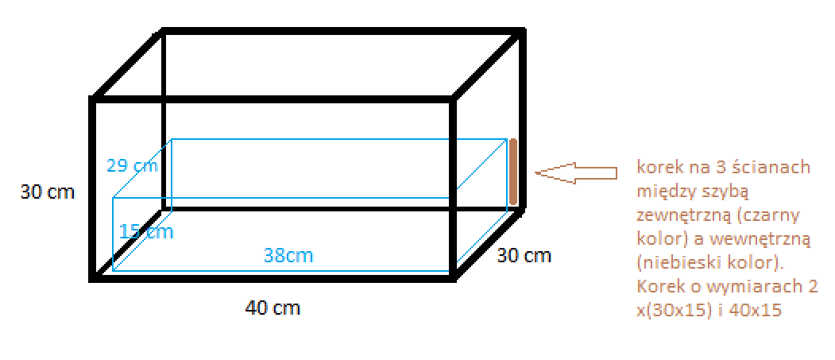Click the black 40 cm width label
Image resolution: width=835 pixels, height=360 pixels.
273,308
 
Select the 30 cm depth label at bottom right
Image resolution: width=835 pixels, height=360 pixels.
524,256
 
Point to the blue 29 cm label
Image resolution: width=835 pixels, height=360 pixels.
132,166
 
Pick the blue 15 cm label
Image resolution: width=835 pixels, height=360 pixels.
146,232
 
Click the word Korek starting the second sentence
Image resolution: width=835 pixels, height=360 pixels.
655,287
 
